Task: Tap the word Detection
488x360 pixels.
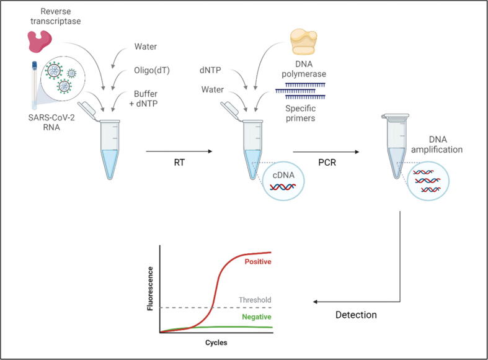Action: [356, 315]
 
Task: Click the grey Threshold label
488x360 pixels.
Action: [255, 300]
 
